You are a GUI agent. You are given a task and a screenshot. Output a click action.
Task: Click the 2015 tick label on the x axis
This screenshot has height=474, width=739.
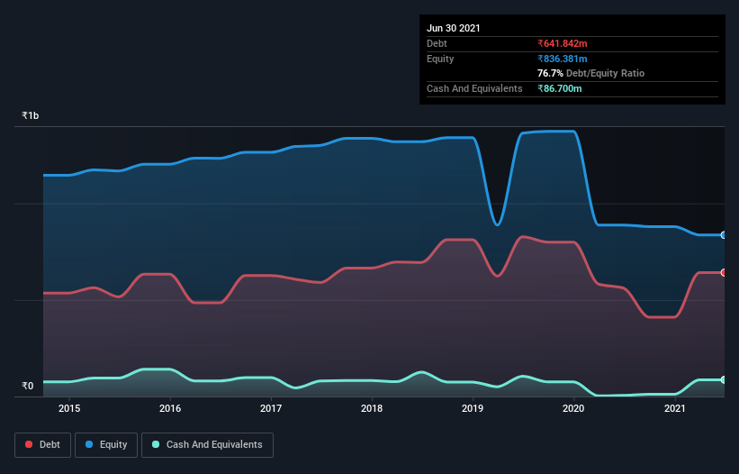[69, 408]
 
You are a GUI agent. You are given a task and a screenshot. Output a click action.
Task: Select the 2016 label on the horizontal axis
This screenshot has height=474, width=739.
[170, 408]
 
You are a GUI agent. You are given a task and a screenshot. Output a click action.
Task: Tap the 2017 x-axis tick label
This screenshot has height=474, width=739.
[271, 408]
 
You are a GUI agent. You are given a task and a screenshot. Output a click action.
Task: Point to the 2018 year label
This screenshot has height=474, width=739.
[372, 408]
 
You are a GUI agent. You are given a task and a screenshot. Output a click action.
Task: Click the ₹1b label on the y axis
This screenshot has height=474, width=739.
[31, 116]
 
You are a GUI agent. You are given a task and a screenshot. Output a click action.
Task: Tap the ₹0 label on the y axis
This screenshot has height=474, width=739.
[27, 386]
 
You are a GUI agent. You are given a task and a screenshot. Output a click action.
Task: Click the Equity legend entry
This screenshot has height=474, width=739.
[106, 444]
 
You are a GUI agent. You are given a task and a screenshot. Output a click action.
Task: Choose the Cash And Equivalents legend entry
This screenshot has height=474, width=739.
[207, 444]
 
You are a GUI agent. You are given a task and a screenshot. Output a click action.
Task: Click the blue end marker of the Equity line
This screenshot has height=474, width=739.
[723, 235]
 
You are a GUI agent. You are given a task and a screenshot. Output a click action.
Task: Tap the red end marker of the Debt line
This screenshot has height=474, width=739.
[723, 272]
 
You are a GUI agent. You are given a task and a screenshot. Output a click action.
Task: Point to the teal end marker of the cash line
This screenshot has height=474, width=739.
[723, 379]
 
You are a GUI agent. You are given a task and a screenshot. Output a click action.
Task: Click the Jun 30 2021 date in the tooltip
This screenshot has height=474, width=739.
[454, 28]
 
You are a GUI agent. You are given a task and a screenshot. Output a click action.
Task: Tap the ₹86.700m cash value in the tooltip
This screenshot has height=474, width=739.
[560, 88]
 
